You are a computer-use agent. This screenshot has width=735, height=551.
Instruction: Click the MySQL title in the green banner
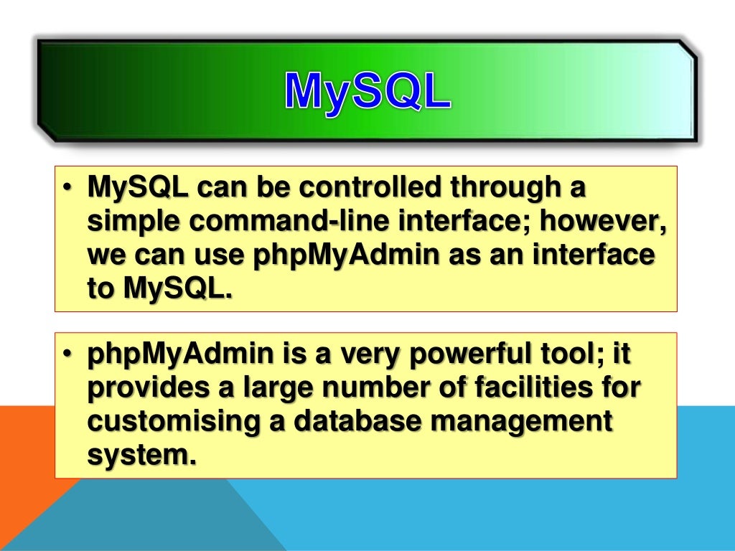click(367, 90)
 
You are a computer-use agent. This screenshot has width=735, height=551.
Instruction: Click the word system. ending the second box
click(141, 456)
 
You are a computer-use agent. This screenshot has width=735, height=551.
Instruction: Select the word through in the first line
click(506, 189)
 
